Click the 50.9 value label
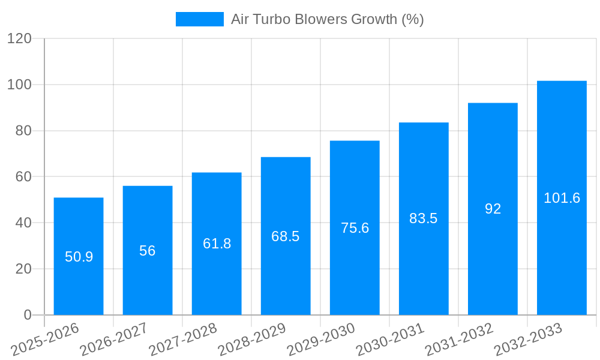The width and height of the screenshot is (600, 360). coord(79,257)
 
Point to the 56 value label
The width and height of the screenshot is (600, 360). coord(148,251)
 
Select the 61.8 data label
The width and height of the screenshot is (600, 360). coord(217,244)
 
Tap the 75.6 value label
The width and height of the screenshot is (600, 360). coord(355,228)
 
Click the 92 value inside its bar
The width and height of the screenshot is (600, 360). coord(493,209)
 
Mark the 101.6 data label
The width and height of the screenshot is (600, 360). coord(562,198)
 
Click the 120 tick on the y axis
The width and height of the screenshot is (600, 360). coord(19,38)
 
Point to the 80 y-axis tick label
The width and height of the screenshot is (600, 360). coord(23,131)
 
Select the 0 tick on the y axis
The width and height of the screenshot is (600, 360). coord(27,315)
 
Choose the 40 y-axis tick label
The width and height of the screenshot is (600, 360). coord(23,223)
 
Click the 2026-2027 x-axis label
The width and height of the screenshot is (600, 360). coord(114,340)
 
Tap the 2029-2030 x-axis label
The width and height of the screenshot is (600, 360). coord(321,340)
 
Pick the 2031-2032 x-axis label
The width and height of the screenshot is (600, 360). coord(459,340)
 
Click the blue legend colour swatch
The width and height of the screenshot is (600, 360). coord(199,19)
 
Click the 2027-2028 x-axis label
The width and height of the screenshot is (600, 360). coord(183,340)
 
